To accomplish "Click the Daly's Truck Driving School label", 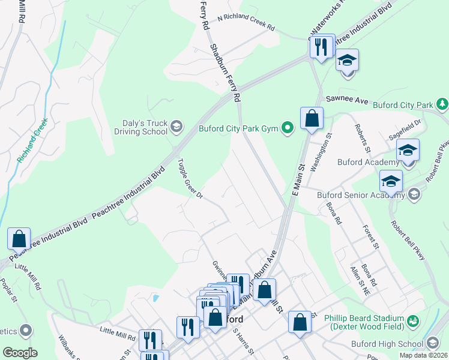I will point(141,126).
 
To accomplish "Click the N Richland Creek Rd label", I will point(246,28).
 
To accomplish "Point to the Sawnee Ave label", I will point(346,101).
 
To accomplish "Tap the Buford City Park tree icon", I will point(442,104).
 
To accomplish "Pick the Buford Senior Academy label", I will point(362,194).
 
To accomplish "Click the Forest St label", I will point(372,236).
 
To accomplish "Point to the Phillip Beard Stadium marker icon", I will point(412,321).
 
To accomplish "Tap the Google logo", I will point(20,353).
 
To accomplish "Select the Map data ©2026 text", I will point(423,355).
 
